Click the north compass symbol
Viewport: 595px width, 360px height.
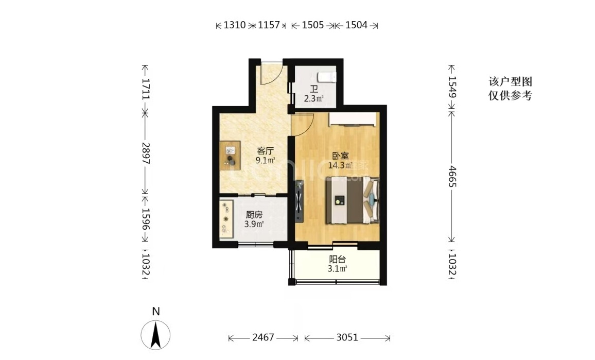click(155, 335)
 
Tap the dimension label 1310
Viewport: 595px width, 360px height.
click(235, 25)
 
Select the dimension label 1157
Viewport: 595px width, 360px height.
click(269, 25)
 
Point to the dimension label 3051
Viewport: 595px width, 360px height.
click(347, 337)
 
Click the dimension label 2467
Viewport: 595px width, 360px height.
click(263, 337)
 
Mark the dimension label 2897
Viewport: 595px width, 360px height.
click(146, 153)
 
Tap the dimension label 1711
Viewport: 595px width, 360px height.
click(146, 89)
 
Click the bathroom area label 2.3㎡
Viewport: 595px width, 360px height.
click(314, 99)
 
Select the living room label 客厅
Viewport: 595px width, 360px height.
click(265, 151)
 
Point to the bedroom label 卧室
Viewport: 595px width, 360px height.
click(340, 156)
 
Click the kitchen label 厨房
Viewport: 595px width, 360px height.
click(254, 215)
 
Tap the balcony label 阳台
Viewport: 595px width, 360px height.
click(337, 260)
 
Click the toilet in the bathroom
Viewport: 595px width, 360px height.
click(327, 77)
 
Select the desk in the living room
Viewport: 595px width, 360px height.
click(230, 156)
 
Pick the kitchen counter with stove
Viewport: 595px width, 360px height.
click(226, 219)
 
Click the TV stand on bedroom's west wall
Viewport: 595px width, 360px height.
click(300, 201)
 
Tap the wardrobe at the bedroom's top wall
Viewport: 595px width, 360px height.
click(353, 119)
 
